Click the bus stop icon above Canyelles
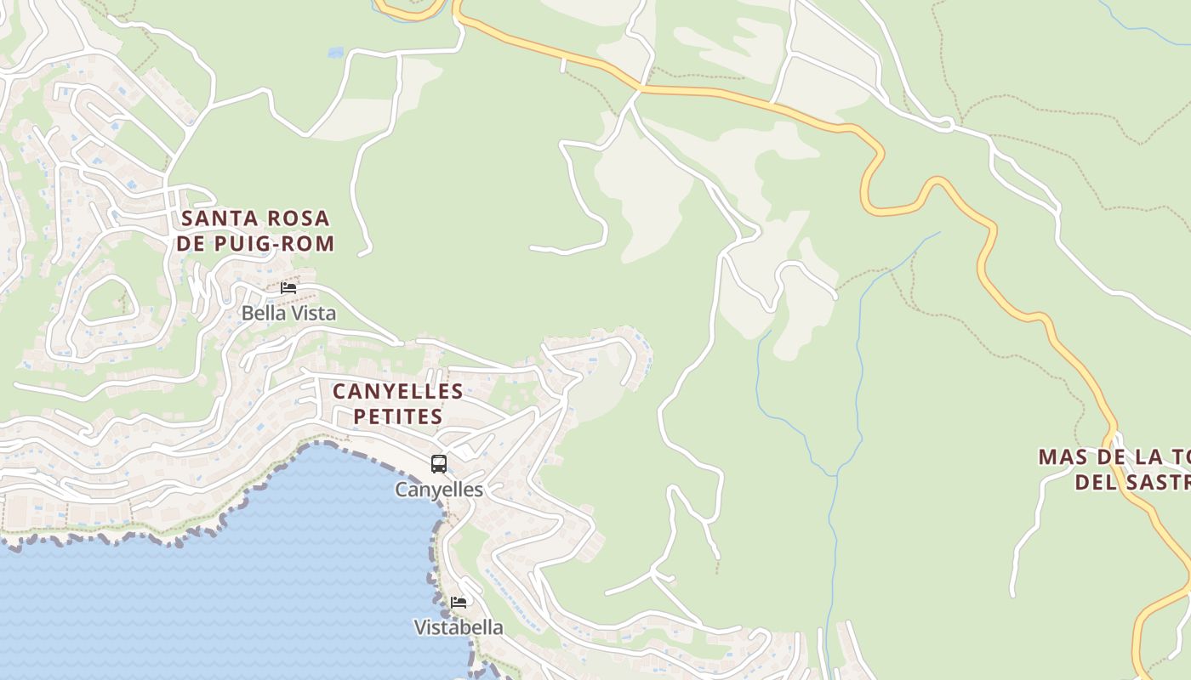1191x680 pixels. (x=439, y=464)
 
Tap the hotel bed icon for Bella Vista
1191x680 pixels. (x=288, y=288)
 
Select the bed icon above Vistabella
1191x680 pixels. (x=459, y=603)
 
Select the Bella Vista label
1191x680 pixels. (x=288, y=314)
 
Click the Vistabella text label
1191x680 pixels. (x=459, y=628)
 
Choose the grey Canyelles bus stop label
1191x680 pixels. (x=439, y=490)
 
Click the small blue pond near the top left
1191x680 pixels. (x=335, y=53)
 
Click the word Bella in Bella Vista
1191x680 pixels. (x=260, y=314)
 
